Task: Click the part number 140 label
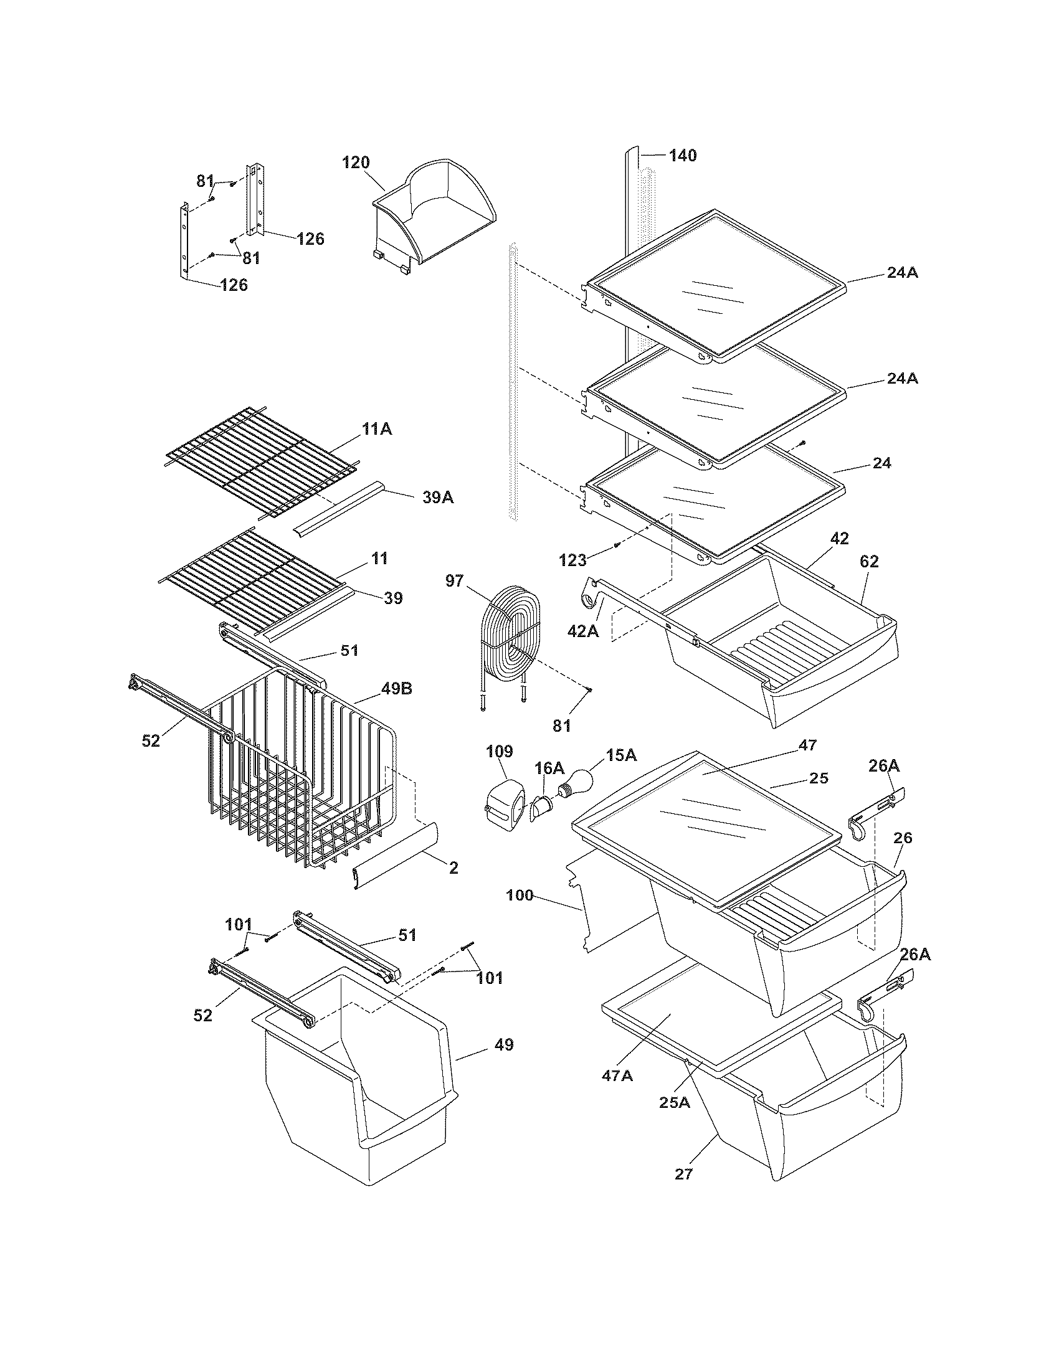tap(682, 156)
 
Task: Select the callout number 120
tap(356, 163)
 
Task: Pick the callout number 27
tap(683, 1174)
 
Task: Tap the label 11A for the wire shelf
tap(376, 429)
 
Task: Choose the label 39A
tap(437, 498)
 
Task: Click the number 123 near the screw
tap(572, 560)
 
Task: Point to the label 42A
tap(583, 631)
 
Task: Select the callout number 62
tap(869, 562)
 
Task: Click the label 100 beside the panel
tap(520, 895)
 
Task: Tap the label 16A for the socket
tap(549, 768)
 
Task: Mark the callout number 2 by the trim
tap(454, 868)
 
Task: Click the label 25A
tap(675, 1102)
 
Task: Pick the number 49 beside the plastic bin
tap(504, 1045)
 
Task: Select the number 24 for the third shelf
tap(881, 463)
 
